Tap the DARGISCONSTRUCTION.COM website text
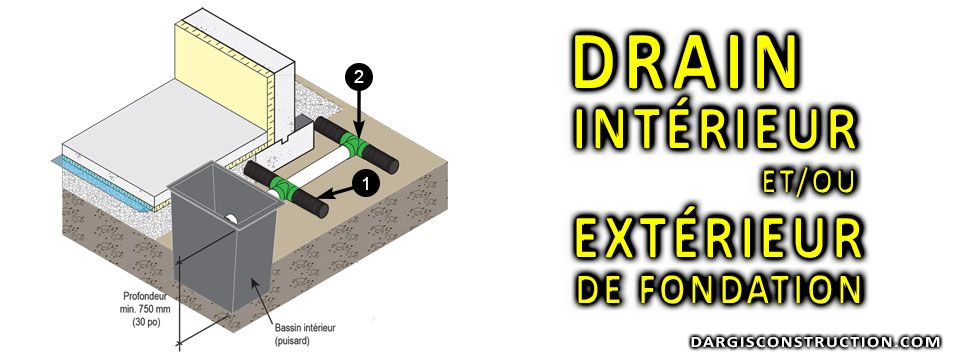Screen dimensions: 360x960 (x=814, y=342)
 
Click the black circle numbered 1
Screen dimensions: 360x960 (x=366, y=182)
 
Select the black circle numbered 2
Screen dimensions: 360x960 (x=360, y=75)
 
